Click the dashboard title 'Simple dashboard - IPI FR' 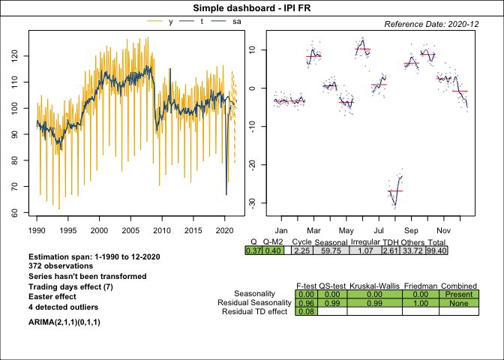252,7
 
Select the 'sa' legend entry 237,22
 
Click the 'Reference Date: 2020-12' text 431,24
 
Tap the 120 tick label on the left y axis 18,56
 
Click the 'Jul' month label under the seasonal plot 379,230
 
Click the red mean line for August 395,191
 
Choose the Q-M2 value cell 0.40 274,250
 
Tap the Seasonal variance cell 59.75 328,250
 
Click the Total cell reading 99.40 436,250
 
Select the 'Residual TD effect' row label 255,311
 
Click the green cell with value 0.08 305,311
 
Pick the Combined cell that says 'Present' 458,293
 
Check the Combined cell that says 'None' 458,302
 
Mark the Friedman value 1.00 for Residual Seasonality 420,302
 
